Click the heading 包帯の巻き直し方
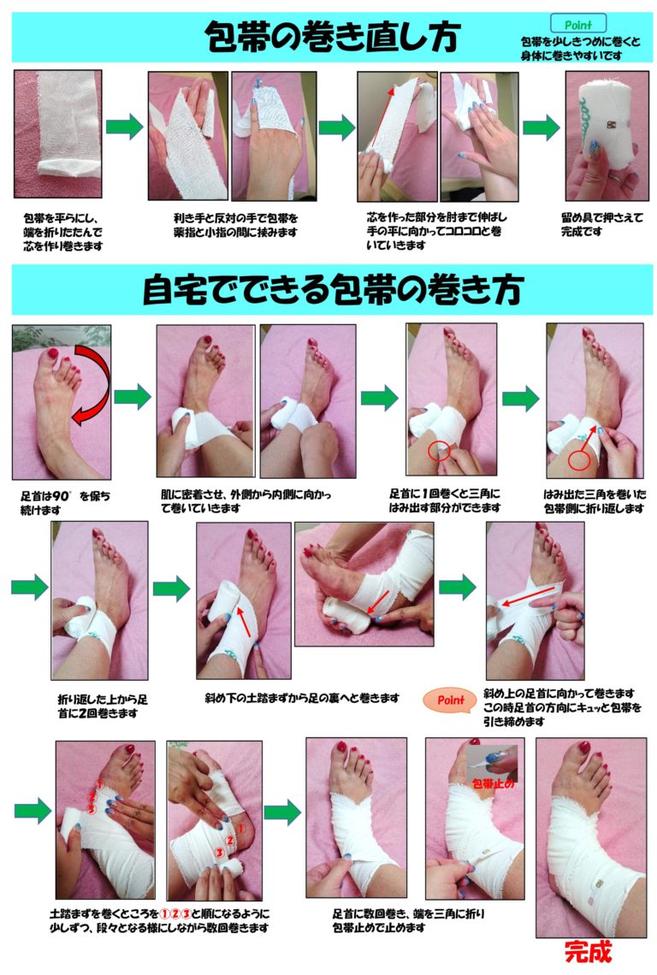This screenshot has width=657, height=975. (x=332, y=37)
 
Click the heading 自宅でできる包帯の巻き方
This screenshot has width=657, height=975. (x=332, y=290)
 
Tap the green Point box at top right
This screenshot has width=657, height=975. (x=578, y=24)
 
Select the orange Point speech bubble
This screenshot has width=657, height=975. (x=449, y=700)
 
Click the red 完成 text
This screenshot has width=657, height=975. (x=588, y=951)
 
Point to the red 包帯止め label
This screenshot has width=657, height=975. (x=493, y=784)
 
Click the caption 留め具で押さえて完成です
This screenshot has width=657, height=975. (x=601, y=224)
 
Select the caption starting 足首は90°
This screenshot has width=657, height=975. (x=65, y=503)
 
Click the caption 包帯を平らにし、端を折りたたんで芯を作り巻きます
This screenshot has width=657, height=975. (x=62, y=232)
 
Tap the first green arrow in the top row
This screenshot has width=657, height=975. (x=124, y=127)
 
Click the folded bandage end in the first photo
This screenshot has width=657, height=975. (x=68, y=168)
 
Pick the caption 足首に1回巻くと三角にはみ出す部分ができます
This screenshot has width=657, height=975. (x=444, y=500)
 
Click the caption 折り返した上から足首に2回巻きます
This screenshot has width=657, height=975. (x=102, y=706)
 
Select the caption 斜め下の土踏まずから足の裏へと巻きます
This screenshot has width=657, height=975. (x=302, y=698)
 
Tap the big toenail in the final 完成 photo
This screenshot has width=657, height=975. (x=584, y=747)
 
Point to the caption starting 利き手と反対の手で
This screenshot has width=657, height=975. (x=236, y=225)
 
